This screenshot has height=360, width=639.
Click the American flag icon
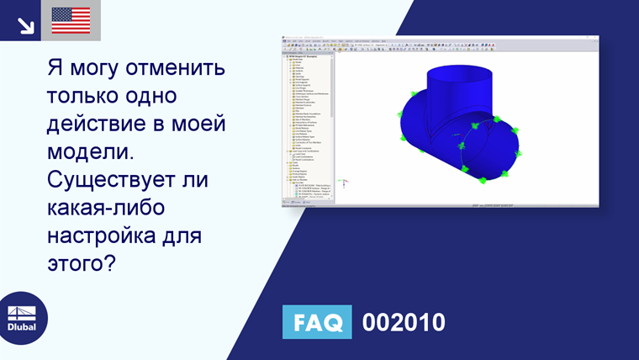(71, 20)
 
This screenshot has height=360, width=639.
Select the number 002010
(403, 322)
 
